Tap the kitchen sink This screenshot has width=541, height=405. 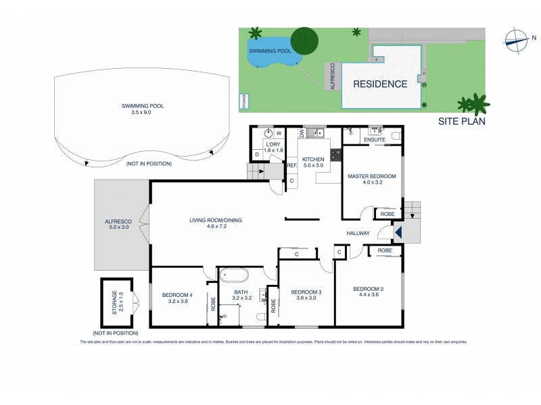click(x=313, y=134)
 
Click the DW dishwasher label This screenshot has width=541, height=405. click(x=302, y=134)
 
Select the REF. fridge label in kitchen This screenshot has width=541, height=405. click(x=292, y=165)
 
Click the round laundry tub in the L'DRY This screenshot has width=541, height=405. click(x=268, y=134)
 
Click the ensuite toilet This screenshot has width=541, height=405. click(x=396, y=136)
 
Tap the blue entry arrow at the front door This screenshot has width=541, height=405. click(x=398, y=233)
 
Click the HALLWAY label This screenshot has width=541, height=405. click(x=358, y=234)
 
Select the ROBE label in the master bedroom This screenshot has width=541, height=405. click(x=387, y=213)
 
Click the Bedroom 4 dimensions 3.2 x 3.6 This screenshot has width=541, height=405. click(x=177, y=301)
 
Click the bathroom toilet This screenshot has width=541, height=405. click(x=261, y=317)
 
